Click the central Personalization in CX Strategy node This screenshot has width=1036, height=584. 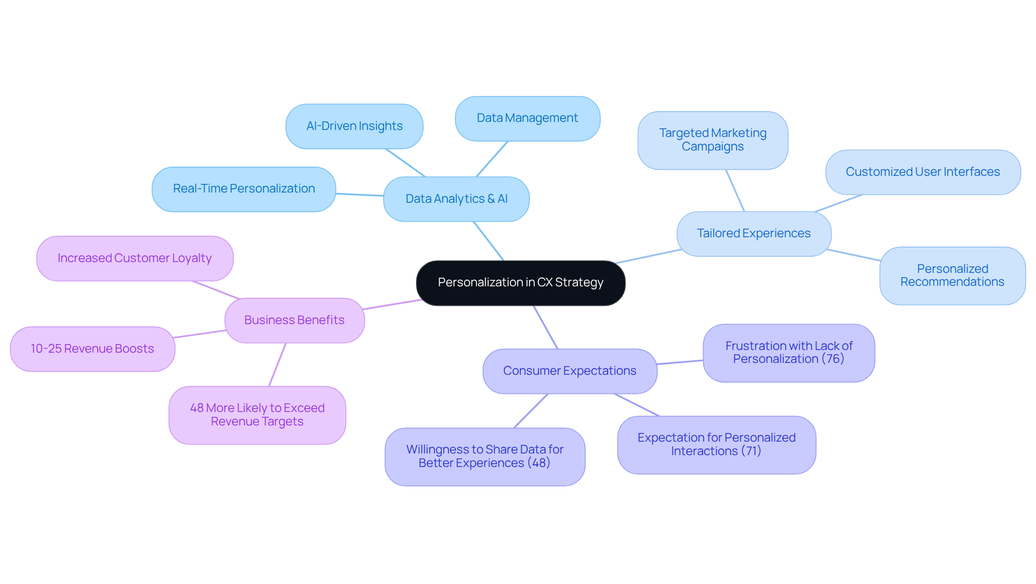[520, 283]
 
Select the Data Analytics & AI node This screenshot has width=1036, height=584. [456, 199]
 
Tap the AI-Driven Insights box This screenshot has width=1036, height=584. [354, 126]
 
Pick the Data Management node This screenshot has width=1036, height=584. [527, 118]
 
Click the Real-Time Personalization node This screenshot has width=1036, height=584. [243, 189]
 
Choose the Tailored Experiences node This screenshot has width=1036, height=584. [753, 233]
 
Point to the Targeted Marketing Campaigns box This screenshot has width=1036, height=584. [712, 140]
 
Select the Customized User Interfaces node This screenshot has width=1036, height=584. [922, 172]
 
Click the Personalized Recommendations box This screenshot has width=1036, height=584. [952, 276]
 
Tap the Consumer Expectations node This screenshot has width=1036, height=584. [569, 371]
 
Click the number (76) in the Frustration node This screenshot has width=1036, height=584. [833, 359]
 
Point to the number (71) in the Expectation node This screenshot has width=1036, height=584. [751, 451]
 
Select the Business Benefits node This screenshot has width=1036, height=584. [294, 320]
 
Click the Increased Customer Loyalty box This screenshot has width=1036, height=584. [134, 258]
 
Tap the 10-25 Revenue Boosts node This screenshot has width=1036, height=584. [92, 349]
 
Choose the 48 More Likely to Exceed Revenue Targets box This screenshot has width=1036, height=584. [257, 415]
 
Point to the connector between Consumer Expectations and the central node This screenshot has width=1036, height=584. [546, 327]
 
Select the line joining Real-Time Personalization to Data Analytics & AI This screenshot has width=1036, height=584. [359, 194]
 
